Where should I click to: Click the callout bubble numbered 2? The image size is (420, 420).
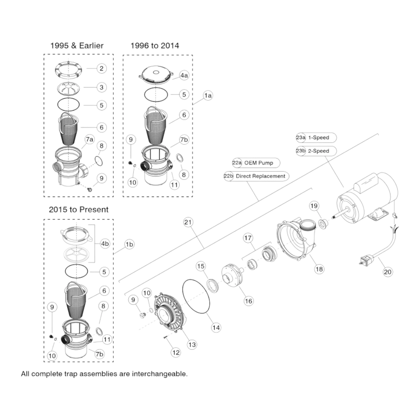tap(101, 68)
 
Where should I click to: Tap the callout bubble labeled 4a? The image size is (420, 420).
tap(184, 75)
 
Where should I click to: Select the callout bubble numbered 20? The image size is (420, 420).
tap(387, 272)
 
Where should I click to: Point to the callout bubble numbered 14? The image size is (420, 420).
tap(216, 327)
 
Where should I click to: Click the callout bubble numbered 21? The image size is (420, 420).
tap(188, 222)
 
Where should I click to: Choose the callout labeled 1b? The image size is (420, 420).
tap(129, 244)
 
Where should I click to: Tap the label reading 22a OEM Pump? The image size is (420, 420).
tap(256, 163)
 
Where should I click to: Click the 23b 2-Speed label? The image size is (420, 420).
tap(316, 151)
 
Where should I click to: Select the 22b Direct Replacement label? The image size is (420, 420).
tap(256, 176)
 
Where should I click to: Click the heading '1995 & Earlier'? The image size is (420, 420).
tap(77, 45)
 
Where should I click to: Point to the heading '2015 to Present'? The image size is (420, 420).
tap(79, 210)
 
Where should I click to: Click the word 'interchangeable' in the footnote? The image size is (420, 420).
tap(159, 374)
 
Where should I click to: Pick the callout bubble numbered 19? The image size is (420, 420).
tap(314, 206)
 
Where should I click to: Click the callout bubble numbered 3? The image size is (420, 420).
tap(101, 87)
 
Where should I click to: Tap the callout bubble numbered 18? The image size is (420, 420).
tap(319, 269)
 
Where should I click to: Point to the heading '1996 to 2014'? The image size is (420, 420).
tap(155, 45)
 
